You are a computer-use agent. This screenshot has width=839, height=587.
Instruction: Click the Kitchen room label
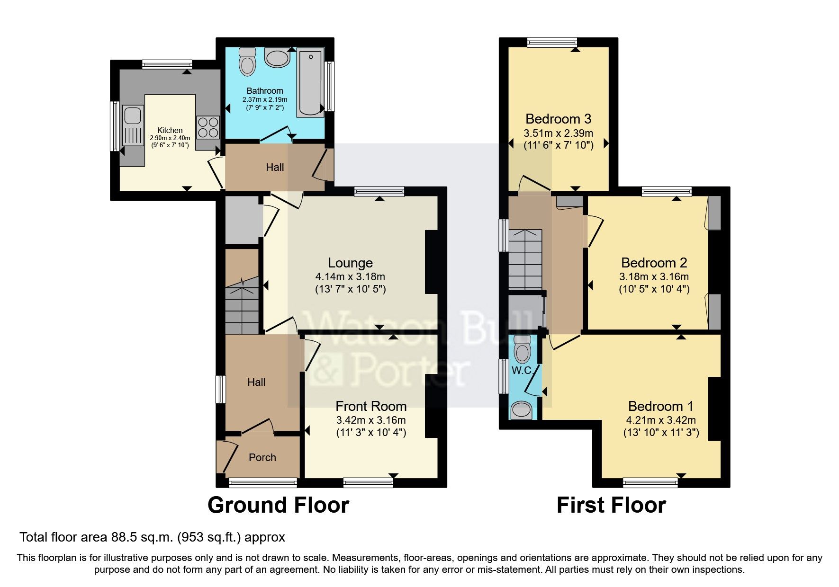point(170,130)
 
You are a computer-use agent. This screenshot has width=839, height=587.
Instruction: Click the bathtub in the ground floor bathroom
point(311,83)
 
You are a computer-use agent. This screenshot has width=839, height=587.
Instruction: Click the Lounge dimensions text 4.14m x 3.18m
point(350,276)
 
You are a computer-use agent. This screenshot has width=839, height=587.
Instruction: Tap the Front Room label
point(371,406)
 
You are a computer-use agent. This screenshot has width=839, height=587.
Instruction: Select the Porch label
point(262,457)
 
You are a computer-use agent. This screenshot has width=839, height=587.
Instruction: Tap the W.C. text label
point(523,371)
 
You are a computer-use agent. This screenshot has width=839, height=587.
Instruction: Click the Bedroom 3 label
point(558,119)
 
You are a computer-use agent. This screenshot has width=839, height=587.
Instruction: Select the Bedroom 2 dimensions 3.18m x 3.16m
point(654,276)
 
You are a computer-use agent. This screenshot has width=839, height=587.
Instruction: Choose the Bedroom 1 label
point(660,406)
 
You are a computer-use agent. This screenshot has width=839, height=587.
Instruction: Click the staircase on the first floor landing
point(525,259)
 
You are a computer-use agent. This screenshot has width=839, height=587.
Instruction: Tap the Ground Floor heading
point(278,505)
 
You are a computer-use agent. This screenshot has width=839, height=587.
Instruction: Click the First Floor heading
point(611,505)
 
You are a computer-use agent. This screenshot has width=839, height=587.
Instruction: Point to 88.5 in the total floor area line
point(123,537)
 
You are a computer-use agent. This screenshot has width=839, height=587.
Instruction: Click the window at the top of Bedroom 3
point(552,43)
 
